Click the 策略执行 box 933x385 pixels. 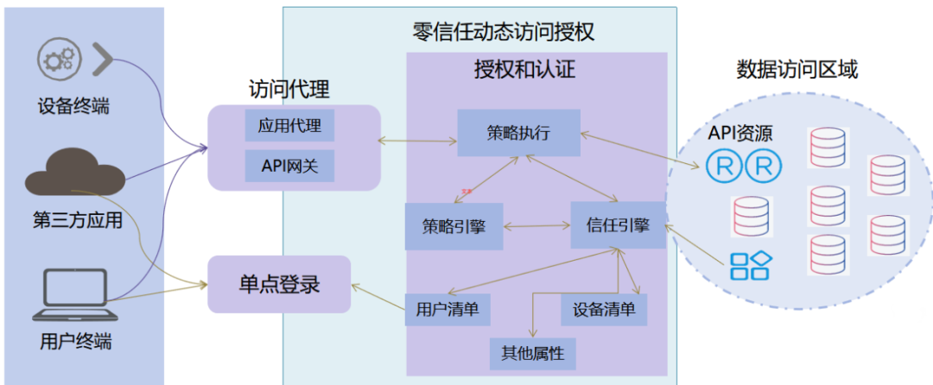click(x=518, y=133)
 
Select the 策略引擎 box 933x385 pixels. click(x=454, y=227)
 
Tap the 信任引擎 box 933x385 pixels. click(x=618, y=226)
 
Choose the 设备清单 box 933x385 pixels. click(x=604, y=309)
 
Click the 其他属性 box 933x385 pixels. click(x=532, y=352)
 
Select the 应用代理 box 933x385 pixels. click(x=289, y=126)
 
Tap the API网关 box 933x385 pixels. click(x=289, y=164)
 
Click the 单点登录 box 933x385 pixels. click(x=279, y=283)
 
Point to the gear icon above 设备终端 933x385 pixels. click(x=59, y=60)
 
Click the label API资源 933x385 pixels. click(x=740, y=133)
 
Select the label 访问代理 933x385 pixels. click(x=289, y=89)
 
